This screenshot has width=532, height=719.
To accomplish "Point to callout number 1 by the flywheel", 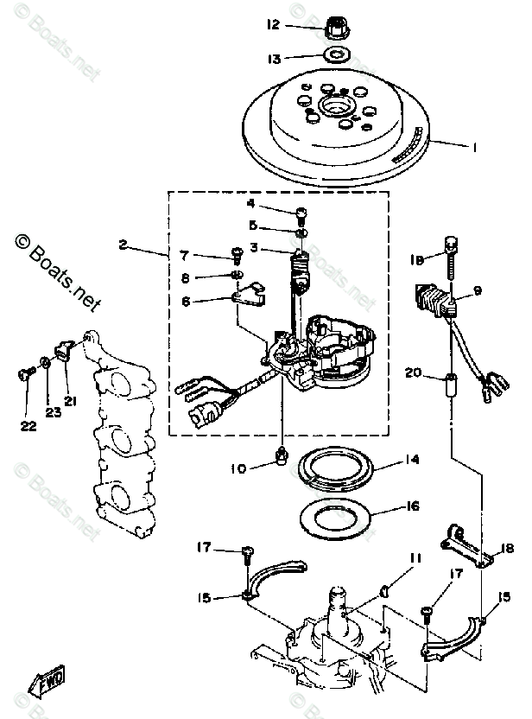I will click(x=474, y=148).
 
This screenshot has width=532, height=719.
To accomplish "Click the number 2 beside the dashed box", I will click(x=123, y=246).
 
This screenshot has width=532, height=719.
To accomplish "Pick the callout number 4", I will click(x=251, y=204).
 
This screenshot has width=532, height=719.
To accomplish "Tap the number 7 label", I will click(x=184, y=255).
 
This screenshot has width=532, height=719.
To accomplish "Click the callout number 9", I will click(x=478, y=291).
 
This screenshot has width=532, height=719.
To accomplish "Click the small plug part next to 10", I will click(x=282, y=455).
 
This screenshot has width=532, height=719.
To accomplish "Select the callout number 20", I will click(x=413, y=373).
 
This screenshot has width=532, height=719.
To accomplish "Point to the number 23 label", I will click(x=53, y=413).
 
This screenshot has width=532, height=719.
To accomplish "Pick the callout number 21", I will click(x=68, y=400).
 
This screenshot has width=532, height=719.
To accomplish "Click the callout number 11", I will click(x=415, y=559).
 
